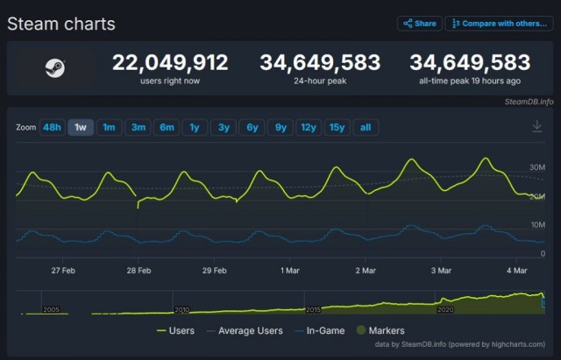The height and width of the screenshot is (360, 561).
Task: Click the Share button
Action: [419, 24]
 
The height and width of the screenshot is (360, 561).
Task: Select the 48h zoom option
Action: [52, 128]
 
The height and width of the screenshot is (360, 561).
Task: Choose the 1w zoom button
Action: [81, 128]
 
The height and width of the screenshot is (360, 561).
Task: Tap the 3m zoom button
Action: [138, 128]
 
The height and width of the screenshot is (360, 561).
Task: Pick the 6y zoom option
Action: [252, 128]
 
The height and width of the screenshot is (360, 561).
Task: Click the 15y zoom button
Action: [337, 128]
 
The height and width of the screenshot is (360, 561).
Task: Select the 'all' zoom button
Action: [366, 128]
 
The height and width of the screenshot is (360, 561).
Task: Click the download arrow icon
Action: [537, 127]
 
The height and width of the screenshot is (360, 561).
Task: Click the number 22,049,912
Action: [170, 62]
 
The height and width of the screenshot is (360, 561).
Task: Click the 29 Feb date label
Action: [214, 271]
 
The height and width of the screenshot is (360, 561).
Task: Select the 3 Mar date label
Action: [441, 271]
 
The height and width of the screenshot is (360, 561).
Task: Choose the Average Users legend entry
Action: [245, 330]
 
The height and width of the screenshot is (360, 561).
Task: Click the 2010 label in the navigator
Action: [181, 309]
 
